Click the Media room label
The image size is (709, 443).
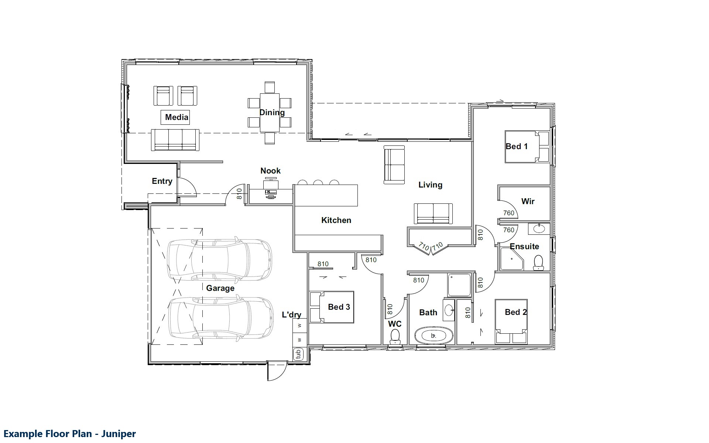[x=177, y=117]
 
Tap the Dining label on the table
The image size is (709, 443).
[x=272, y=113]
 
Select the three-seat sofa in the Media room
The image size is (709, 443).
[x=175, y=140]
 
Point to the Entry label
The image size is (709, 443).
[x=162, y=181]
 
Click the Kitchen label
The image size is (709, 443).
[x=336, y=220]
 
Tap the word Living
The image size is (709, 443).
[x=430, y=185]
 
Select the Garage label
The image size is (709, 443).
[x=220, y=288]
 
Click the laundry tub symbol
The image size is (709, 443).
[x=298, y=354]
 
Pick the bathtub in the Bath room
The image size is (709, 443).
[x=434, y=336]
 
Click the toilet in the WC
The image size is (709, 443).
[x=395, y=336]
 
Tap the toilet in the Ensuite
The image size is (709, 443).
[x=538, y=262]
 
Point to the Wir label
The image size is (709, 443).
[x=528, y=202]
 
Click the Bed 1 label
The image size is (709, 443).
[x=517, y=147]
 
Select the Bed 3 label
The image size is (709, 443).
[x=339, y=307]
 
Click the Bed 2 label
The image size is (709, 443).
[x=516, y=312]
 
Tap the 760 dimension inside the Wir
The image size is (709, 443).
[x=508, y=213]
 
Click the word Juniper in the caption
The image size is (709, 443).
[x=119, y=434]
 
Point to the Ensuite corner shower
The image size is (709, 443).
[x=512, y=259]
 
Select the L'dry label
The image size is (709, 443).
[x=291, y=315]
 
